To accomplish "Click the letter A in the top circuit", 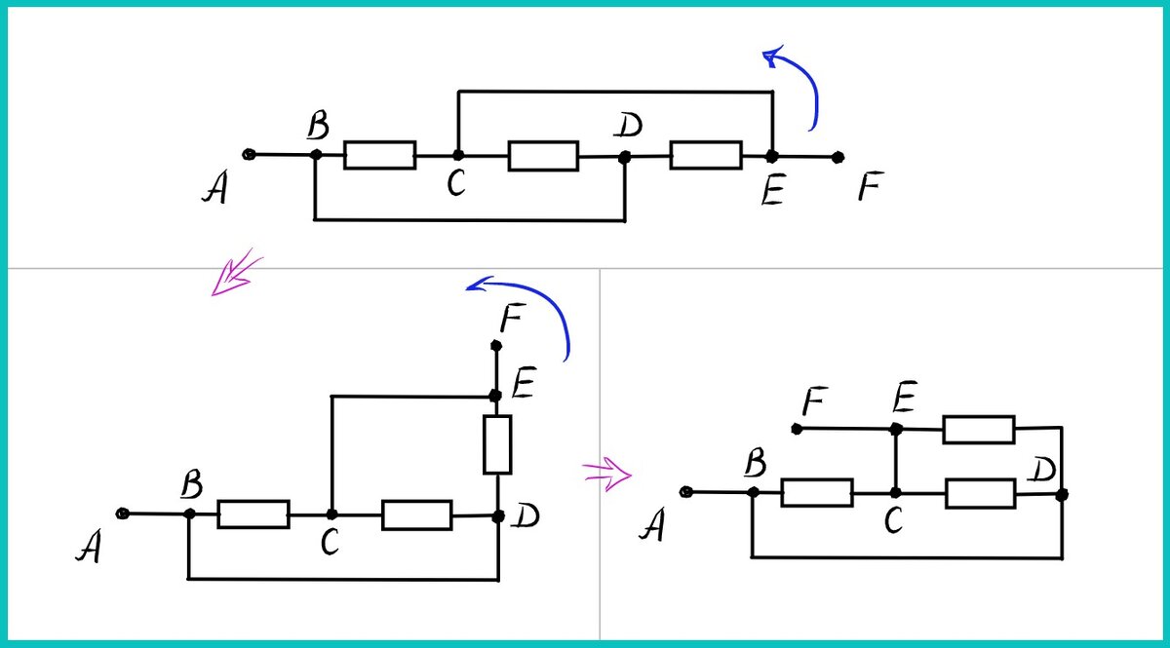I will click(215, 189).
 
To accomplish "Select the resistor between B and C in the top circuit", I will click(379, 155).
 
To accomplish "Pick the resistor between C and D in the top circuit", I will click(543, 156).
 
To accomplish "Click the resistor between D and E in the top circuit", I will click(706, 155).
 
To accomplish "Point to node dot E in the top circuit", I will click(771, 156).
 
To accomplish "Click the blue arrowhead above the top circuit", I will click(775, 57).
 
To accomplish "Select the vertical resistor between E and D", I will click(497, 444).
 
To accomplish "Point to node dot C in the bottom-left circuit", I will click(331, 514).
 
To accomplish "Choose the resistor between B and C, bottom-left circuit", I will click(253, 514).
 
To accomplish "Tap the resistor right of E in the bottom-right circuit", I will click(978, 429).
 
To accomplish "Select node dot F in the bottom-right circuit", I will click(798, 429).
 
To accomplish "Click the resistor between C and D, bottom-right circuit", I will click(980, 493).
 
